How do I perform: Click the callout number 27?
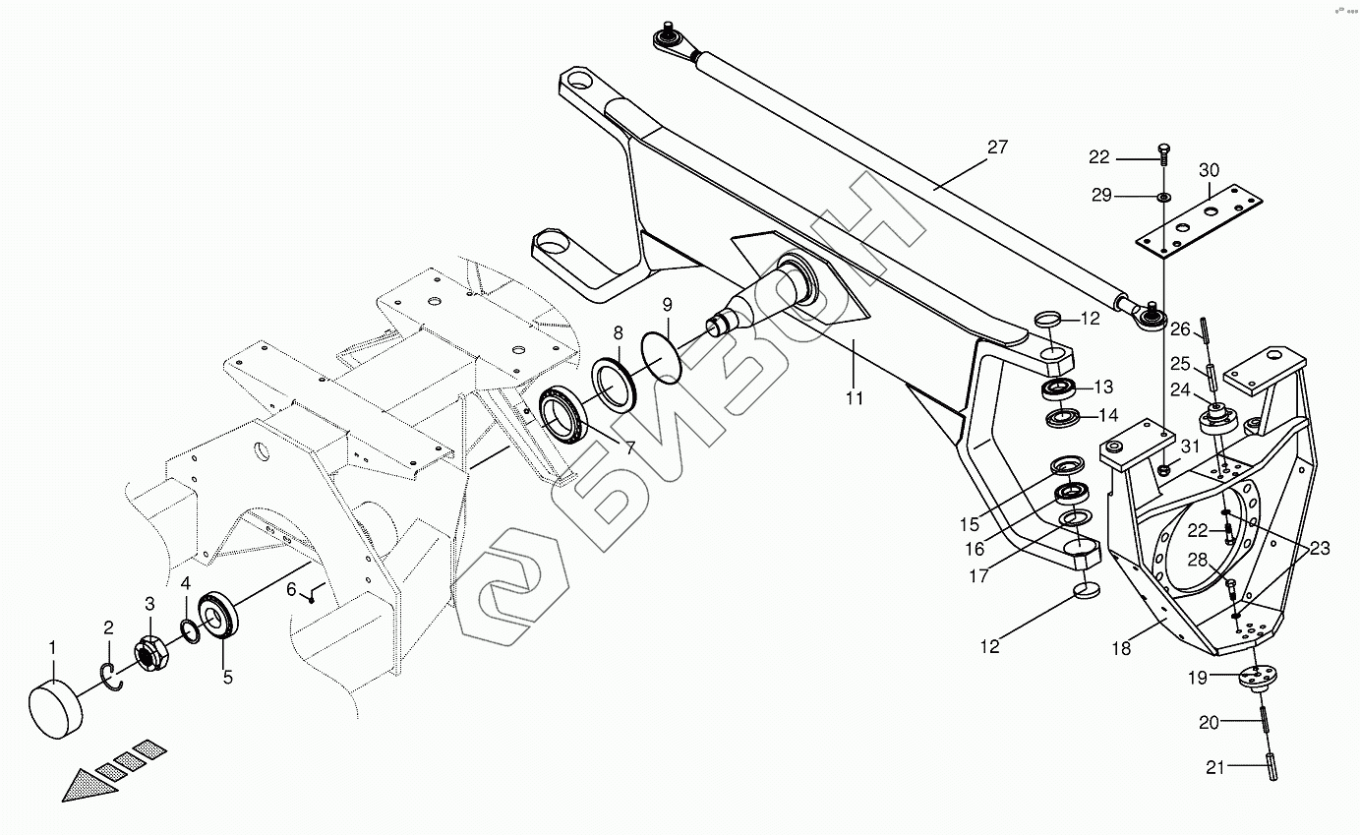point(998,148)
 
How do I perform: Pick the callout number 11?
point(854,397)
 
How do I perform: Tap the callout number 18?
point(1122,649)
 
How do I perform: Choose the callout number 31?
point(1191,447)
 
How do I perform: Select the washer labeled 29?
point(1163,197)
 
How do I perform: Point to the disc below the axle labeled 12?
point(1085,590)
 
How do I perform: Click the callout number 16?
point(975,549)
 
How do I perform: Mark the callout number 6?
point(291,589)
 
